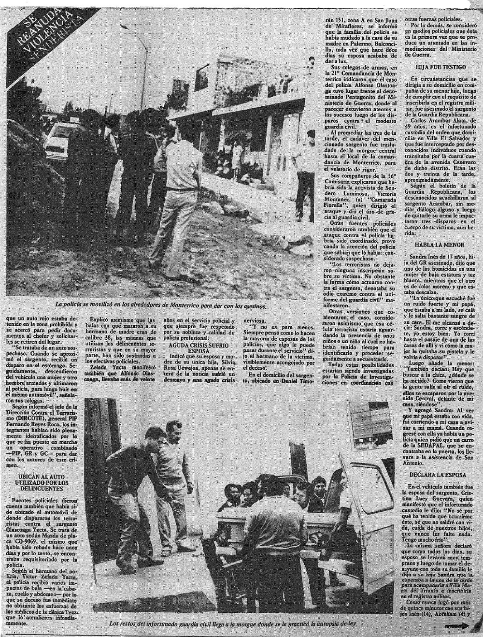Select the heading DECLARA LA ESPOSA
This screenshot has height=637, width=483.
pyautogui.click(x=438, y=475)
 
